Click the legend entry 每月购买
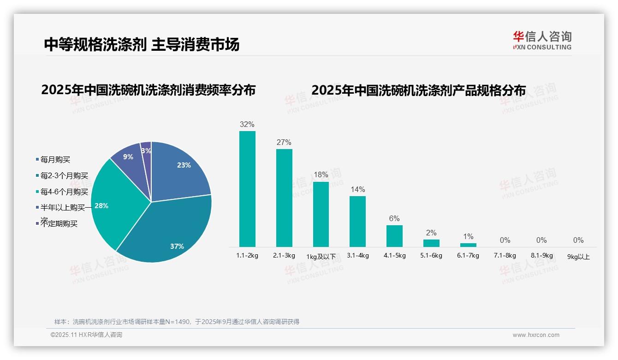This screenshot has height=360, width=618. pyautogui.click(x=55, y=160)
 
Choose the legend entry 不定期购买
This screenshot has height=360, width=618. pyautogui.click(x=59, y=224)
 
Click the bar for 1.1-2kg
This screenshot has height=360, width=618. pyautogui.click(x=247, y=189)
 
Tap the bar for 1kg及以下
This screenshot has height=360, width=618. pyautogui.click(x=321, y=214)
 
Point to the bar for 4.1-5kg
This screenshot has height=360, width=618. pyautogui.click(x=394, y=236)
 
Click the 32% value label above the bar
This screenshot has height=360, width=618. pyautogui.click(x=247, y=125)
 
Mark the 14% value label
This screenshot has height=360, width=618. pyautogui.click(x=357, y=190)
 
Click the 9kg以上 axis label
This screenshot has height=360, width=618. pyautogui.click(x=578, y=257)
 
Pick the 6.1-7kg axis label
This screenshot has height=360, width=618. pyautogui.click(x=468, y=255)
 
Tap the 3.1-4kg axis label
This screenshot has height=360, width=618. pyautogui.click(x=358, y=255)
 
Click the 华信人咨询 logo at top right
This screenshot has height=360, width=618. pyautogui.click(x=542, y=40)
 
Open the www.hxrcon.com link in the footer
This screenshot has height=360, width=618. pyautogui.click(x=536, y=335)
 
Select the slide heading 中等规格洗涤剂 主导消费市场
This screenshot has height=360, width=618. pyautogui.click(x=142, y=44)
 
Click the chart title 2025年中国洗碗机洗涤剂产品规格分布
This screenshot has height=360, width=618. pyautogui.click(x=418, y=90)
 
